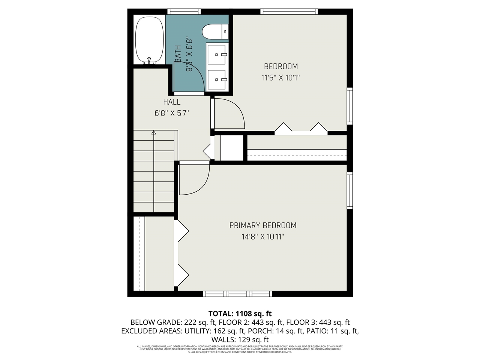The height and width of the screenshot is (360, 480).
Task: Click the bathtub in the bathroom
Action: coord(149,39)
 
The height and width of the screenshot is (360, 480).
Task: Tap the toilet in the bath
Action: coord(215,31)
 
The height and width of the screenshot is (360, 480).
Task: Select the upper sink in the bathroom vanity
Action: coord(217,54)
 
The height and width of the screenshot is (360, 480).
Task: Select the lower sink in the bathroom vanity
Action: coord(217,79)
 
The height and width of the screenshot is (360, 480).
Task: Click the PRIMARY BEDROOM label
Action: coord(262,225)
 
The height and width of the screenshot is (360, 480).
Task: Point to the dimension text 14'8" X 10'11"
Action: coord(262,237)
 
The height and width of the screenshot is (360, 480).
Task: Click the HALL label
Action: coord(172,102)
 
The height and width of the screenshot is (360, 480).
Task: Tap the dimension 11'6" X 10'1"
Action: coord(280,78)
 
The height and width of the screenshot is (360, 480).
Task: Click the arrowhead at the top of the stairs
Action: coord(154,132)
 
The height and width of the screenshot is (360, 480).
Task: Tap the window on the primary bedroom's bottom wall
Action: coord(237,294)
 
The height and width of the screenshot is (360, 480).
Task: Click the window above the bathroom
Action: coord(184,12)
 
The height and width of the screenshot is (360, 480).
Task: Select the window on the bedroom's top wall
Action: coord(289,12)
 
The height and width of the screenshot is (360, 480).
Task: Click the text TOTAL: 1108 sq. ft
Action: coord(240,313)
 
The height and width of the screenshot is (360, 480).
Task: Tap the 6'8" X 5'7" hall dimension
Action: coord(172,113)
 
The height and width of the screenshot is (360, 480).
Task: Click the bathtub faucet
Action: coord(150,60)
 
